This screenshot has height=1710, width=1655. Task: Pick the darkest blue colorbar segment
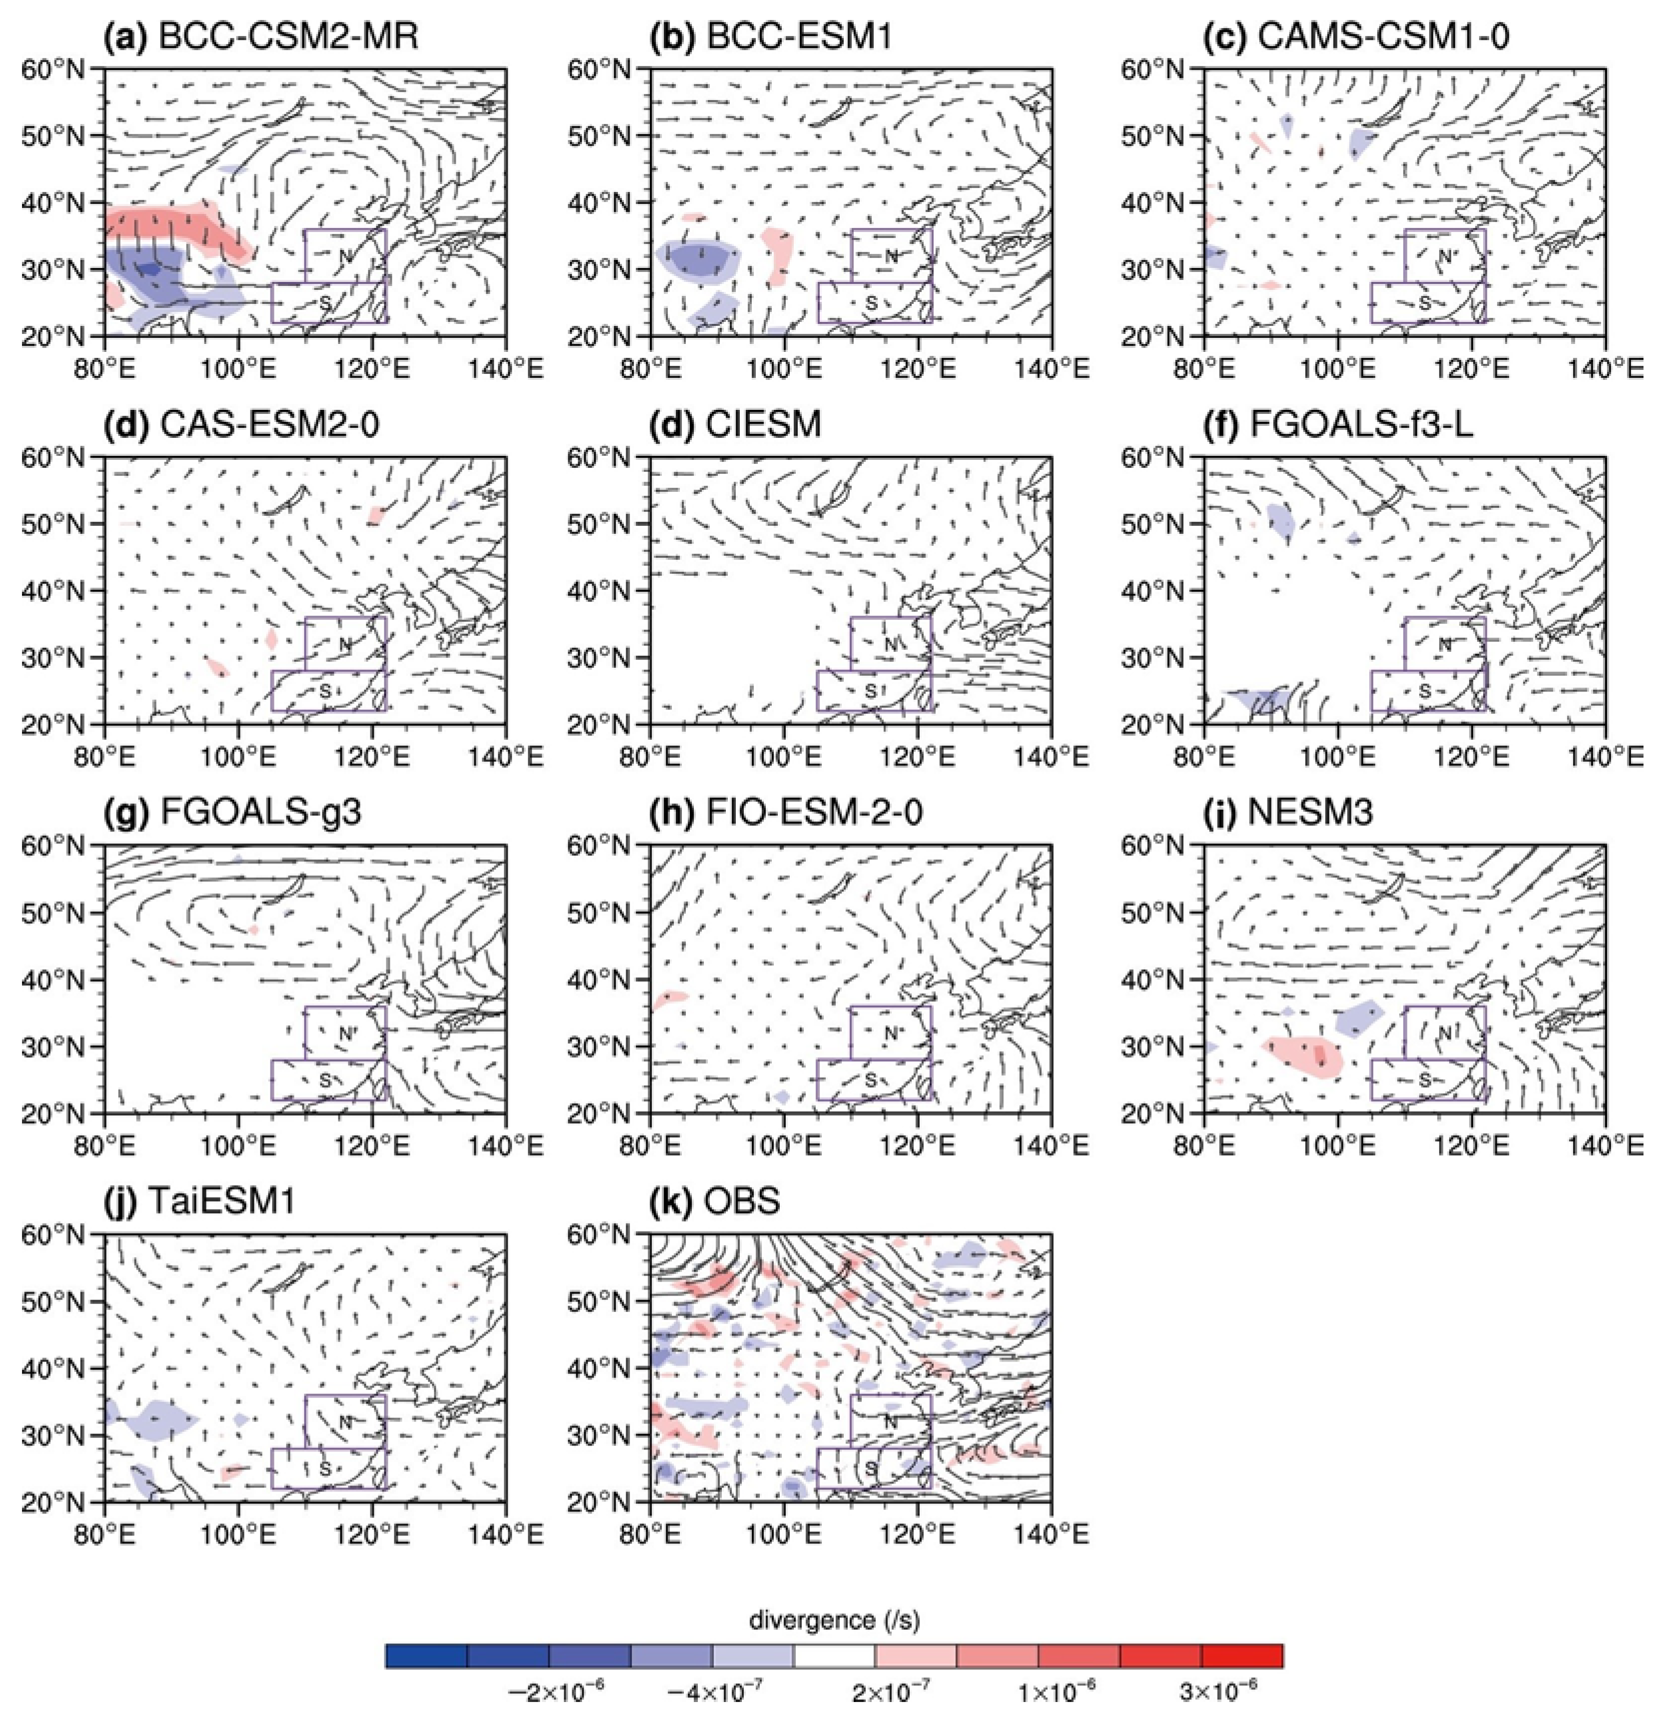pos(426,1655)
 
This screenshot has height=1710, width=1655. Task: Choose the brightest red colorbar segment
pos(1242,1655)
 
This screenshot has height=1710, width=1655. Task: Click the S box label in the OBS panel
pos(870,1469)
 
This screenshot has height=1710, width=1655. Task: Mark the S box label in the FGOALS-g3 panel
pos(324,1080)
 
